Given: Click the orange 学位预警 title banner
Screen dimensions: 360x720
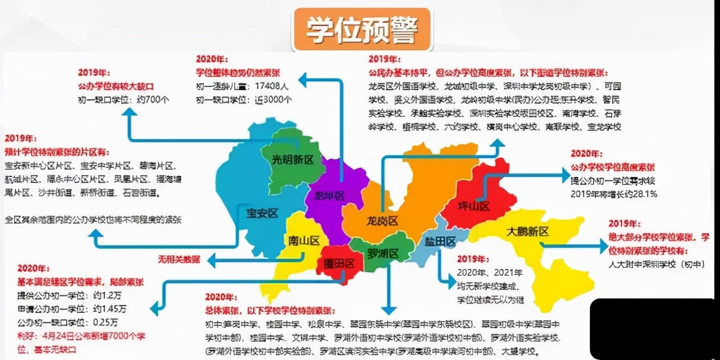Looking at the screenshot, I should tap(362, 29).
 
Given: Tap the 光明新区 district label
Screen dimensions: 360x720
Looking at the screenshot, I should tap(292, 160).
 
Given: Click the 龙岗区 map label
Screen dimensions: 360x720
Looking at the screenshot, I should tap(383, 221).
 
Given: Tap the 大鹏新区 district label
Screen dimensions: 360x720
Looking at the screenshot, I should tap(527, 232).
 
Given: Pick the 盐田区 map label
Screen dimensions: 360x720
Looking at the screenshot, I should tap(440, 241).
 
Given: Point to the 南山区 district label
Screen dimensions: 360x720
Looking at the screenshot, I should tap(304, 240).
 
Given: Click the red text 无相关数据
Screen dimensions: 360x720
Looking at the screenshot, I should tap(179, 259).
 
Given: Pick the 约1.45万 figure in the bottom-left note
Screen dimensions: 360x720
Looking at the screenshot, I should tap(110, 308).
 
